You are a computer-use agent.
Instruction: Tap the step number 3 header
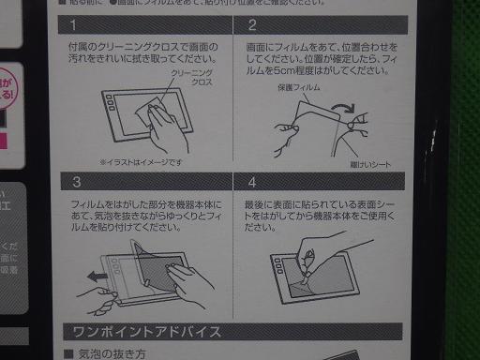(75, 184)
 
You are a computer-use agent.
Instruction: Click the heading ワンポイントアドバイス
(141, 332)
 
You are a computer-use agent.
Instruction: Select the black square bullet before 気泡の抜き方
(67, 354)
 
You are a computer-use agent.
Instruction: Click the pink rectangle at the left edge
(6, 141)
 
